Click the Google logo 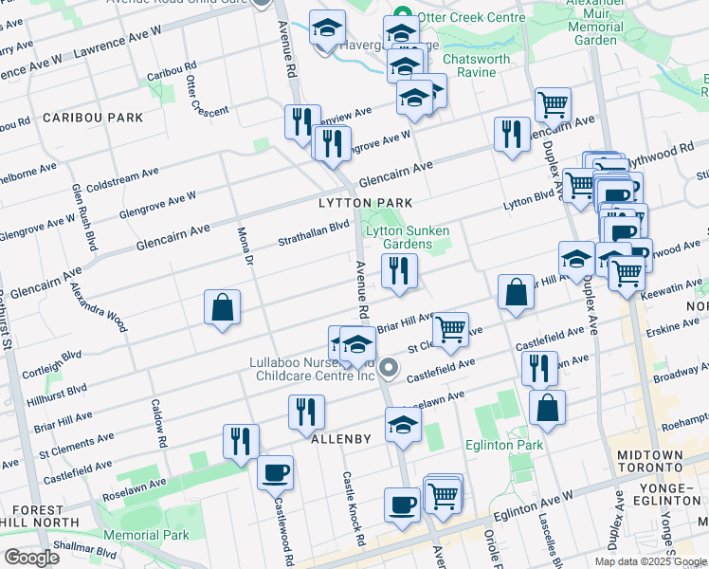coord(31,557)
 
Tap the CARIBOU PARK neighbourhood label coord(92,118)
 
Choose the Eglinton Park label coord(504,445)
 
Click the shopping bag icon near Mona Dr coord(222,307)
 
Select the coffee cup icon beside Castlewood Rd coord(275,471)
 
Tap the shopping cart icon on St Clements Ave coord(450,330)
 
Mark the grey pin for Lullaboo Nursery coord(388,366)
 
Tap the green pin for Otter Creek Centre coord(401,16)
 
